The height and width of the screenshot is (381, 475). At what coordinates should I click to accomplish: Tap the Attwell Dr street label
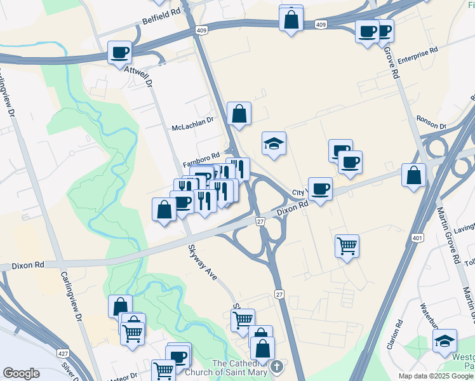(x=139, y=76)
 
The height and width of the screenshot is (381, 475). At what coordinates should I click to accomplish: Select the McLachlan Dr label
(x=193, y=128)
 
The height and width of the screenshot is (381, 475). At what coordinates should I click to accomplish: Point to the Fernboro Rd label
(x=201, y=155)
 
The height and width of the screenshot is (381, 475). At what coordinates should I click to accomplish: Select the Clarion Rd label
(x=398, y=336)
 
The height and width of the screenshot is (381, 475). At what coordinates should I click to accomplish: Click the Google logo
(x=21, y=373)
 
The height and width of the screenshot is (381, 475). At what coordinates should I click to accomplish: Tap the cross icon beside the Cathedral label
(x=276, y=366)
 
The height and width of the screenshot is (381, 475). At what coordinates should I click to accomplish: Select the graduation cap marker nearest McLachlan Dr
(x=274, y=144)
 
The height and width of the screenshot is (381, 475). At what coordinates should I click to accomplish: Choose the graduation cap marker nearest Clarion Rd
(x=445, y=341)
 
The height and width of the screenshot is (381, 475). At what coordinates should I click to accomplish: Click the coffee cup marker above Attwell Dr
(x=119, y=52)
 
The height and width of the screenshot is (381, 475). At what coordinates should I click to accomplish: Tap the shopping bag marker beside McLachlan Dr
(x=239, y=114)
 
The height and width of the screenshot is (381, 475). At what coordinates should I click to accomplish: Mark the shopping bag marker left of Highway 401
(x=413, y=176)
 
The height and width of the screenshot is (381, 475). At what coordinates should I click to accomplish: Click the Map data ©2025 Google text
(x=436, y=376)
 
